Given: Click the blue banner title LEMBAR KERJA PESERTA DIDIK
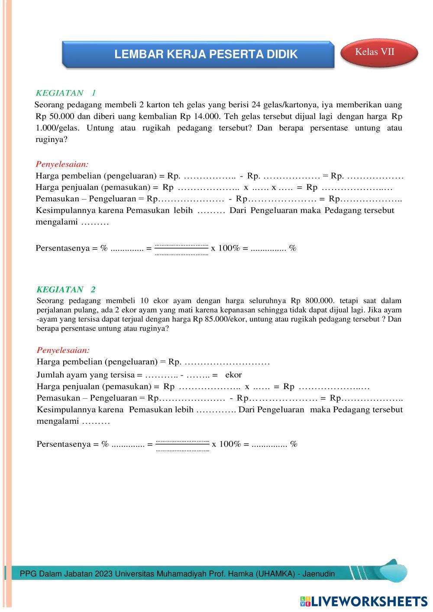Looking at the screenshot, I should (206, 54).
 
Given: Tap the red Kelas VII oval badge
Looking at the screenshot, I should (375, 52).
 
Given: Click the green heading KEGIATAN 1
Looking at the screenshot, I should (66, 93).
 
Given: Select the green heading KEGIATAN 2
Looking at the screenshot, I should (66, 289).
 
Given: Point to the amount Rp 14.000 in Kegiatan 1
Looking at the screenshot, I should (196, 116).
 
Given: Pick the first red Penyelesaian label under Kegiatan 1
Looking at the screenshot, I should (62, 164).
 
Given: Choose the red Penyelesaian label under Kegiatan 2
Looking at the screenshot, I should (63, 350).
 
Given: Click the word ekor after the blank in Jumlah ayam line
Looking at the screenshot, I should (233, 375).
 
